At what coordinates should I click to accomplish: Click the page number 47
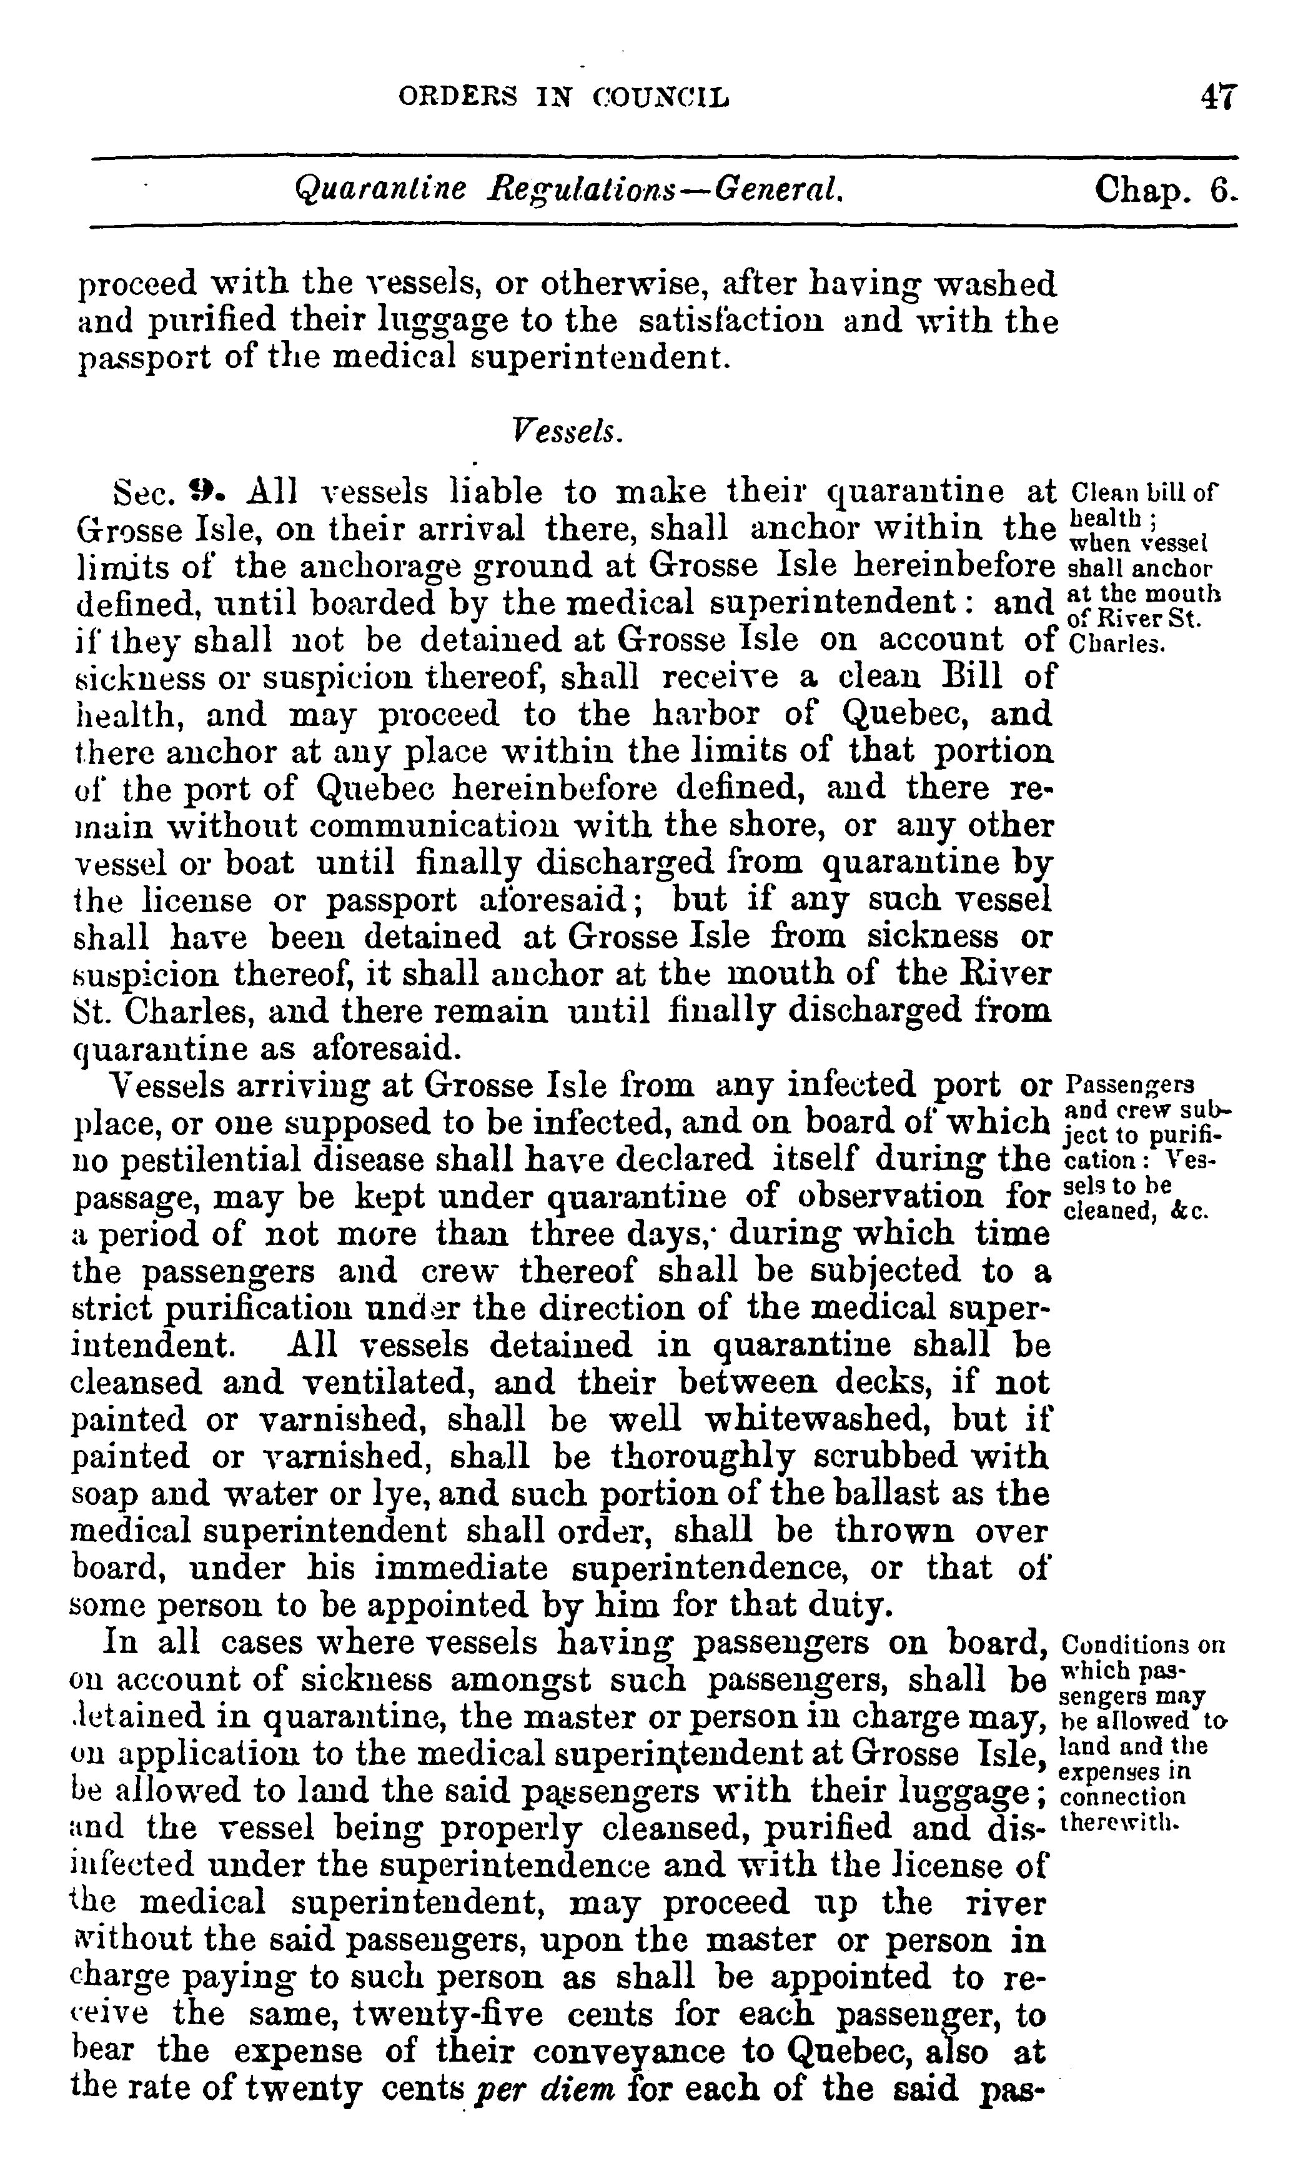click(1219, 96)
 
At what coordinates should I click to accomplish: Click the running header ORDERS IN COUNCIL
click(563, 96)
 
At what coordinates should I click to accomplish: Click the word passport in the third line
click(132, 358)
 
